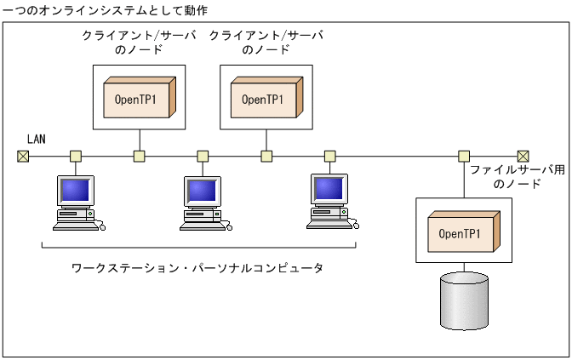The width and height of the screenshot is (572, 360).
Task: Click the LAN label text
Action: [x=36, y=139]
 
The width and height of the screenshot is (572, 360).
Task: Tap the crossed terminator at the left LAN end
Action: [x=23, y=156]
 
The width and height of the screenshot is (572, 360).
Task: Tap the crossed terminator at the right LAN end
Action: [x=523, y=156]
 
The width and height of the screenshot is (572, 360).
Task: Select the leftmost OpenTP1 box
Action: [x=139, y=99]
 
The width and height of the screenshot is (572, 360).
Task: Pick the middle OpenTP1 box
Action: [x=266, y=99]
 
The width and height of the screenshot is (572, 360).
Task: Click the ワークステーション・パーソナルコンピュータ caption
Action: [x=197, y=268]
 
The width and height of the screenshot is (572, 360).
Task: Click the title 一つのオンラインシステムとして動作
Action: [x=105, y=9]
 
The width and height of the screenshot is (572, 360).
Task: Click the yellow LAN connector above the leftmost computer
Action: [x=76, y=156]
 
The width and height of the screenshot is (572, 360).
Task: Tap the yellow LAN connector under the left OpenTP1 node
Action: [x=139, y=156]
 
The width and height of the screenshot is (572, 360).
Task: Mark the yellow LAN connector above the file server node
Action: [x=464, y=156]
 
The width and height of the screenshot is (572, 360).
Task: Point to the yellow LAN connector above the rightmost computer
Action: [x=330, y=156]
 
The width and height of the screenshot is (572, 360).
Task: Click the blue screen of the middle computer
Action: [x=202, y=189]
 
